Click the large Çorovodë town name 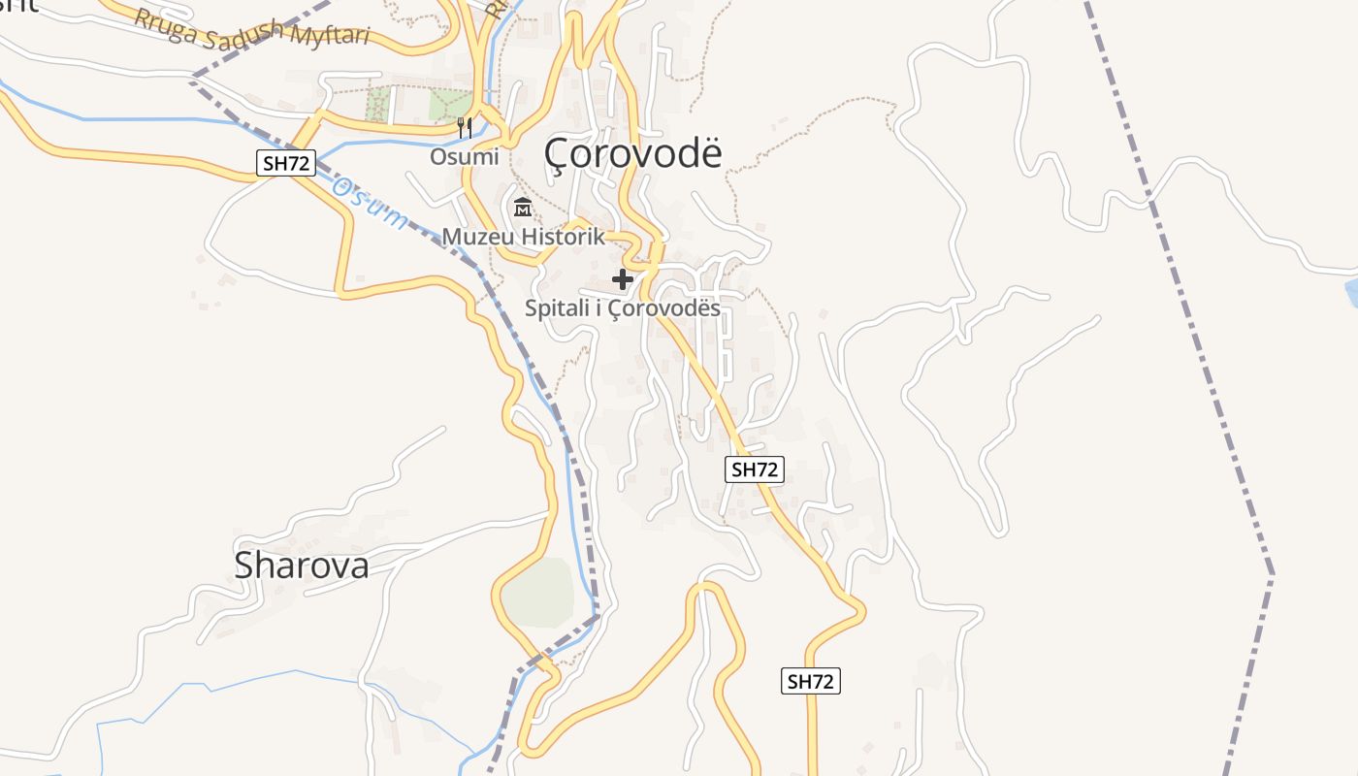[633, 152]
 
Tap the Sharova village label [301, 566]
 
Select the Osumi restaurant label [465, 157]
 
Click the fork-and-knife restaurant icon [465, 126]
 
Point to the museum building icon [523, 207]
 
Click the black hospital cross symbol [623, 280]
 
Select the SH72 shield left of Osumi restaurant [286, 163]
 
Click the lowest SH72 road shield [810, 681]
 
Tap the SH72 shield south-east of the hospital [754, 469]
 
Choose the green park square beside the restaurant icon [449, 104]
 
